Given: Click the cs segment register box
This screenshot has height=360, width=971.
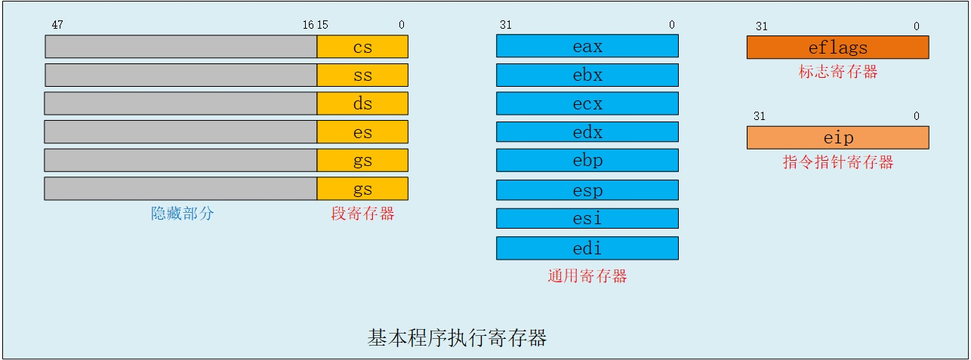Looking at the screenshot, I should pyautogui.click(x=362, y=47).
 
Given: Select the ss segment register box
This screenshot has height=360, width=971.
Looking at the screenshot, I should pyautogui.click(x=362, y=75).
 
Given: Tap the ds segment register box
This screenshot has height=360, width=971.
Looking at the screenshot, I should pyautogui.click(x=362, y=103).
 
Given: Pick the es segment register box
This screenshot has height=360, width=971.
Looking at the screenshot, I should pyautogui.click(x=362, y=132).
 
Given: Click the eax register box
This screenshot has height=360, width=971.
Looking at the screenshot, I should pyautogui.click(x=587, y=46).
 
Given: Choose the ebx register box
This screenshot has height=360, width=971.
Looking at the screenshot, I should pyautogui.click(x=587, y=75).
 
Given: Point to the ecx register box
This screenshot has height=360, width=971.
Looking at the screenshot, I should pyautogui.click(x=587, y=103).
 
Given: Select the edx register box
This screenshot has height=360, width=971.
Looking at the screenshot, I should pyautogui.click(x=587, y=132).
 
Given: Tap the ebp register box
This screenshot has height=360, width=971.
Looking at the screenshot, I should pyautogui.click(x=587, y=160).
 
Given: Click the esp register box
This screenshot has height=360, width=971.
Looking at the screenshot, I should pyautogui.click(x=587, y=190).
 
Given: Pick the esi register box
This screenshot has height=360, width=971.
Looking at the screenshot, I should pyautogui.click(x=587, y=218).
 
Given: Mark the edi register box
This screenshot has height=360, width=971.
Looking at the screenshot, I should pyautogui.click(x=587, y=248).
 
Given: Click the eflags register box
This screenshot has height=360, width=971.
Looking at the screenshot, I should pyautogui.click(x=838, y=48).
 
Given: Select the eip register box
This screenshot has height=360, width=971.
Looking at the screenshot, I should pyautogui.click(x=838, y=137).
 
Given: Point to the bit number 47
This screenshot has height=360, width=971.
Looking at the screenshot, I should pyautogui.click(x=57, y=25).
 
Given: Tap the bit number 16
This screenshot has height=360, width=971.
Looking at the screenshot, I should pyautogui.click(x=308, y=25).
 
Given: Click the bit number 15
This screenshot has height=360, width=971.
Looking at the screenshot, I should pyautogui.click(x=322, y=25).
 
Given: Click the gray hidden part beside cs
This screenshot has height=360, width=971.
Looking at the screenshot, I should pyautogui.click(x=181, y=47).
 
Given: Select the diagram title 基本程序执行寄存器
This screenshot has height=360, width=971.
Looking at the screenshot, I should pyautogui.click(x=457, y=337).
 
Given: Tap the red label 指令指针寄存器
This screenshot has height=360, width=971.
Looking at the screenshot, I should pyautogui.click(x=838, y=162).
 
